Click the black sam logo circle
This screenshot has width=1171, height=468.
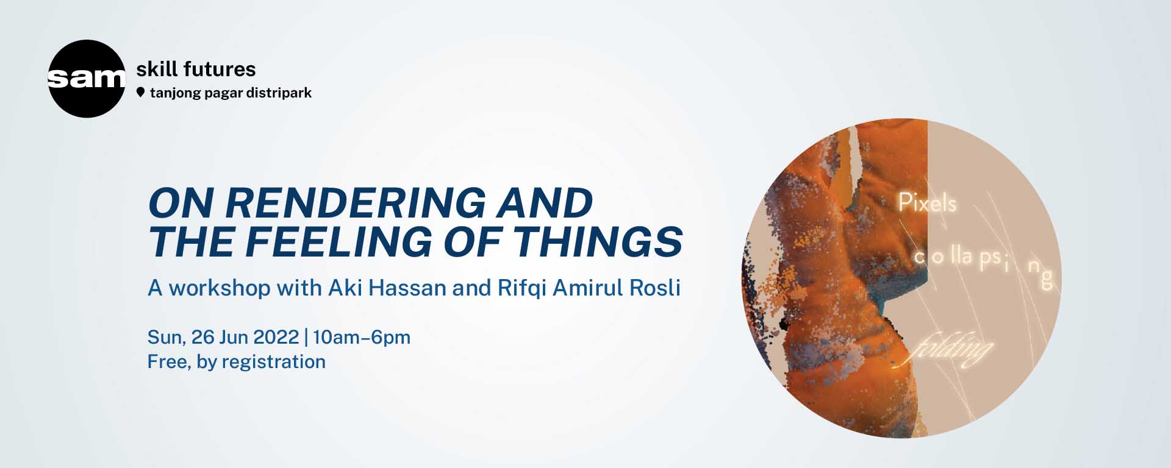click(x=86, y=79)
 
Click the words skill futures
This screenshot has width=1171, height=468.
click(x=196, y=69)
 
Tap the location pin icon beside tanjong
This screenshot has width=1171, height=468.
click(x=141, y=93)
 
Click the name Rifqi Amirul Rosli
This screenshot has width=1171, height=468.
click(x=589, y=288)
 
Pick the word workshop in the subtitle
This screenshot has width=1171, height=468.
click(x=219, y=288)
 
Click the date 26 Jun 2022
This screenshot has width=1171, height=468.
click(x=245, y=337)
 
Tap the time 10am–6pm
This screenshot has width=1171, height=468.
click(x=362, y=337)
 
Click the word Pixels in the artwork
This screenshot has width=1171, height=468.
click(x=927, y=203)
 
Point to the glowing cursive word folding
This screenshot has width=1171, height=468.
click(x=951, y=351)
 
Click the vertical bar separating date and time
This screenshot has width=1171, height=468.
click(x=306, y=337)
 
